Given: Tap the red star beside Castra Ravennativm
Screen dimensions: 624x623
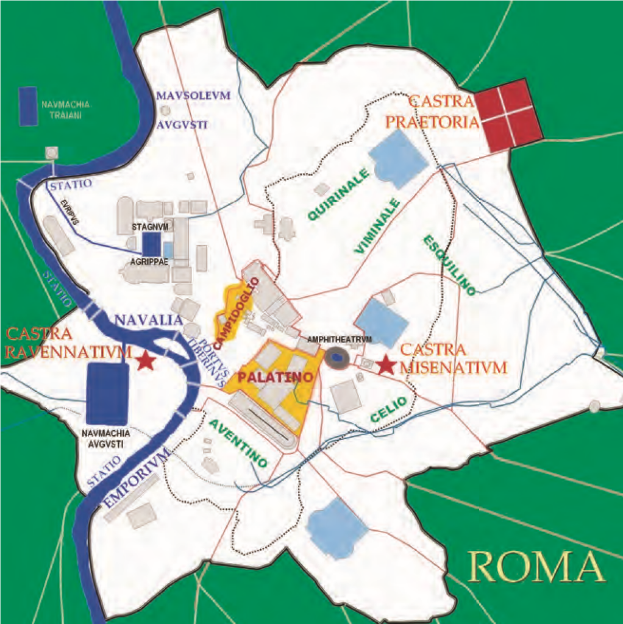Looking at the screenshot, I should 145,360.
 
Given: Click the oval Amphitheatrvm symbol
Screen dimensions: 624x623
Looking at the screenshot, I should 335,358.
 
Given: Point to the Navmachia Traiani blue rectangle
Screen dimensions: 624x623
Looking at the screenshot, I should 28,106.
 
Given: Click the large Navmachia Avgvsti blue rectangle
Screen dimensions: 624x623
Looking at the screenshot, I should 107,393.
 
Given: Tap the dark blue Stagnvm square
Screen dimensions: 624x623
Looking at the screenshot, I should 151,244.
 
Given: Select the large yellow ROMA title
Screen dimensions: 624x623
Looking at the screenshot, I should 537,566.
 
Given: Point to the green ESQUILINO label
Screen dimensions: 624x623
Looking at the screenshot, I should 449,266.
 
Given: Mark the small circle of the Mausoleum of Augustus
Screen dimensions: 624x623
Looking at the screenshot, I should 165,110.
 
